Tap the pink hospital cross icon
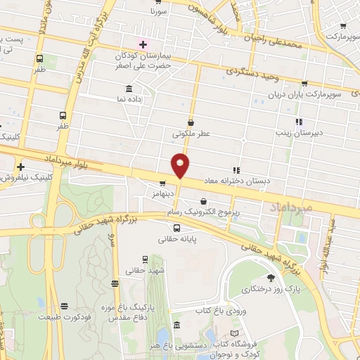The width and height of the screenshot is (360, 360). [x=143, y=43]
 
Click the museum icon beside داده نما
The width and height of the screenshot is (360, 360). [x=128, y=89]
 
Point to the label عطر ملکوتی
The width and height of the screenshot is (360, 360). [x=191, y=131]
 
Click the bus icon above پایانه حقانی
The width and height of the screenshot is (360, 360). [x=176, y=227]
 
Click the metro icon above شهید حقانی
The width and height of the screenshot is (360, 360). [x=146, y=259]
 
